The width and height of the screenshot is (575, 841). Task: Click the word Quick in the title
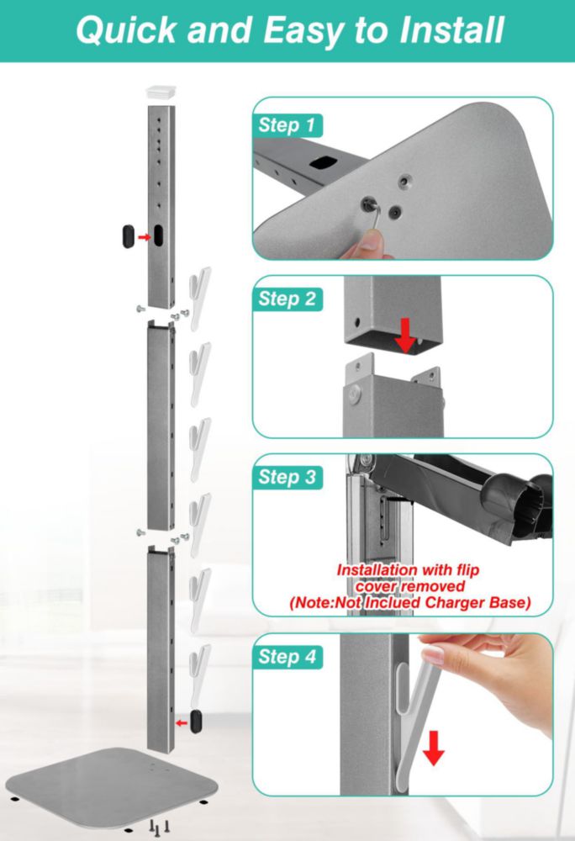coord(126,30)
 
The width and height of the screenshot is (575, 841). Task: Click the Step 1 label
coord(287,125)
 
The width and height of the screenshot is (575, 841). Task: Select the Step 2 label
coord(287,299)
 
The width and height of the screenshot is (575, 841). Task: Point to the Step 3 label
coord(287,477)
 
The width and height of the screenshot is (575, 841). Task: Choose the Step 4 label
coord(287,657)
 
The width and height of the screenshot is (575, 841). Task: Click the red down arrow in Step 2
coord(406,335)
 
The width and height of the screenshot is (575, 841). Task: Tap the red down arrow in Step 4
coord(434,748)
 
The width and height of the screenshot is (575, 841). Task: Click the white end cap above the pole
coord(161,93)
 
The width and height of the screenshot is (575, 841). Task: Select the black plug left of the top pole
coord(129,236)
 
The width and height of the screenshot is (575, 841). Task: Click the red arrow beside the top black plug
coord(144,237)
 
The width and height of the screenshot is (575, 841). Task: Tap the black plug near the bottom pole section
coord(197,721)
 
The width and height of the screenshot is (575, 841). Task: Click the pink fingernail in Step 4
coord(433,655)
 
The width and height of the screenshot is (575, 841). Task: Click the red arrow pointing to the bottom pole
coord(182,723)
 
